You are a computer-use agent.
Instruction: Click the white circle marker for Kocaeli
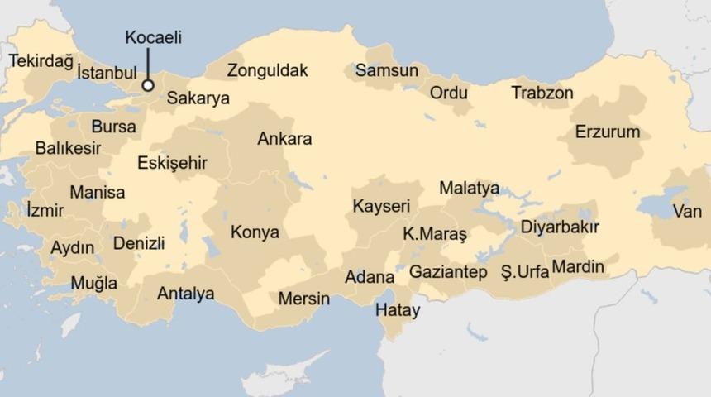(x=148, y=84)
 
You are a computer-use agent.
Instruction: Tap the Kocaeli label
(x=153, y=37)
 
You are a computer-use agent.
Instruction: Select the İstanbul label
(x=106, y=73)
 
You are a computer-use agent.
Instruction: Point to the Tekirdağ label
(x=41, y=60)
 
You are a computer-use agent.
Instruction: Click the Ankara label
(x=284, y=138)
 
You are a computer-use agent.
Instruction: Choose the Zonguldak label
(x=267, y=70)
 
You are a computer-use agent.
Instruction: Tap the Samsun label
(x=387, y=70)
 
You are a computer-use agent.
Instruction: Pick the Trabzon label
(x=542, y=93)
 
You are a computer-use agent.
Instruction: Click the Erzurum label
(x=608, y=132)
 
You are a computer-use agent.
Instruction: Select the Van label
(x=687, y=212)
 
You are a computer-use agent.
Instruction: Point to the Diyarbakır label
(x=560, y=227)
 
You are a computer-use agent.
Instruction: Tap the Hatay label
(x=397, y=311)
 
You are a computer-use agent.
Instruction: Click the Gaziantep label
(x=448, y=271)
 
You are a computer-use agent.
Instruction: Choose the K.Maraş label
(x=435, y=234)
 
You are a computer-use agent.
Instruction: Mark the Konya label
(x=255, y=232)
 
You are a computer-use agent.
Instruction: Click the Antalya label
(x=185, y=294)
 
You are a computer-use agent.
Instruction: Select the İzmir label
(x=45, y=210)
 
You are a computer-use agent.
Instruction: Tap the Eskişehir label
(x=172, y=162)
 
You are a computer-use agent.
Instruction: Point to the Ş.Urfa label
(x=524, y=270)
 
